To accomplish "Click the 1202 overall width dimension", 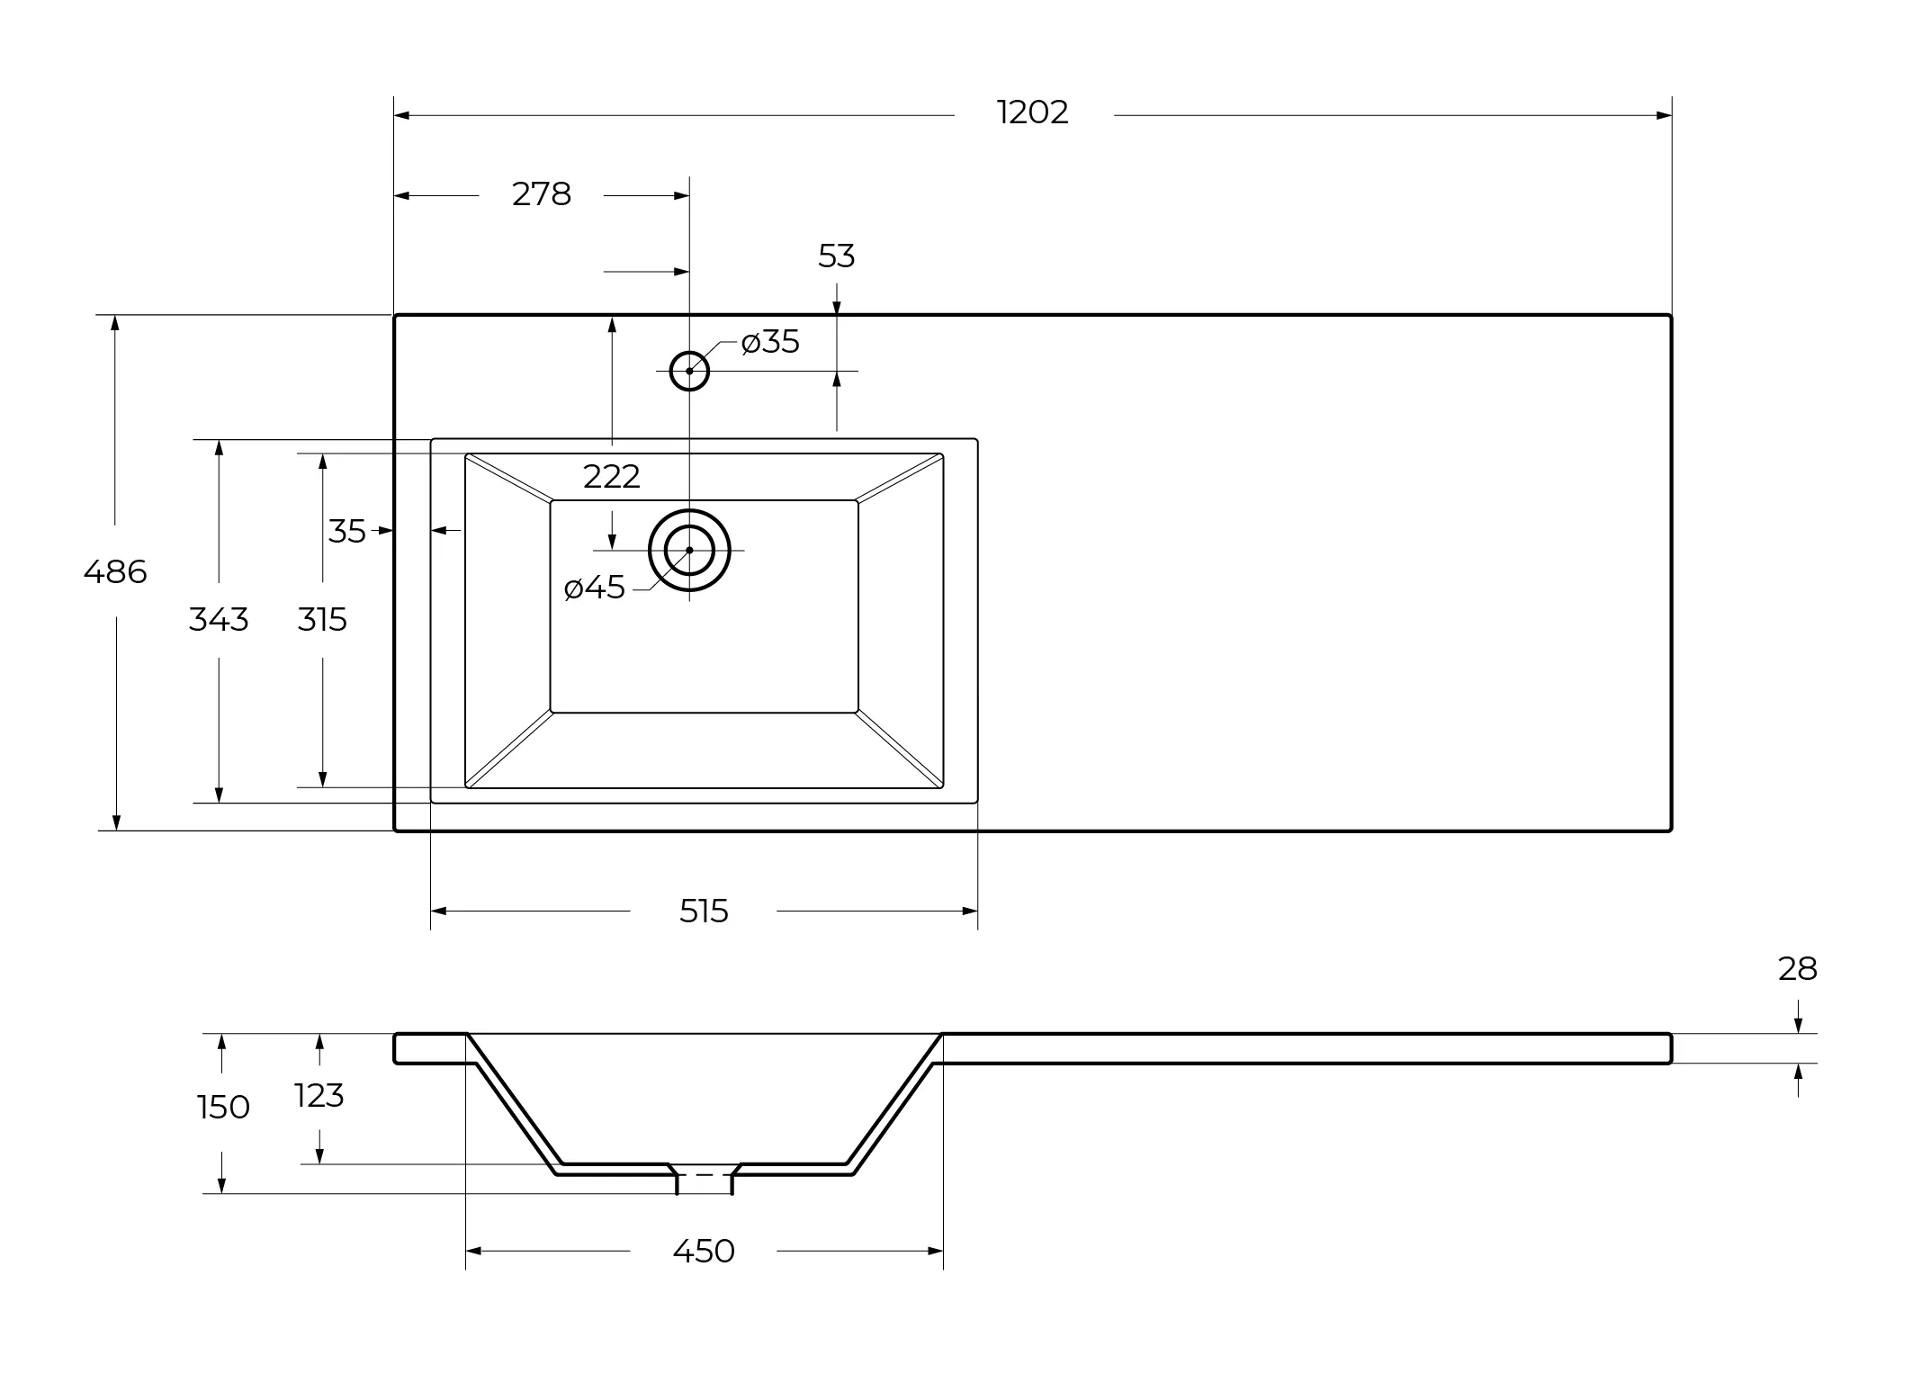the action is [1033, 112].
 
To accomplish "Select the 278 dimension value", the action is [542, 194].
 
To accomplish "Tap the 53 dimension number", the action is [836, 256].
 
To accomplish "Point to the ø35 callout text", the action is [770, 342].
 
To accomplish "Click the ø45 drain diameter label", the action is [594, 588].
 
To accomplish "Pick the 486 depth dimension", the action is [115, 571].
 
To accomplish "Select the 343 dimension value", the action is [219, 620].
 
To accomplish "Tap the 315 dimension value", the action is [322, 620].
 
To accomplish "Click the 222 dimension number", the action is [612, 477].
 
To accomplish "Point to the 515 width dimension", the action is [704, 912].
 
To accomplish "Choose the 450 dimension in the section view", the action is [704, 1251].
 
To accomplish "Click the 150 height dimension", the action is [223, 1108].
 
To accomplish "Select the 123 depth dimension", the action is [319, 1096].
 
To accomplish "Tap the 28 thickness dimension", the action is [1798, 969].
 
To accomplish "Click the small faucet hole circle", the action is [689, 352].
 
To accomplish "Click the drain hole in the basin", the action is [689, 510].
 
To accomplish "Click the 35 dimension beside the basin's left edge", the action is [346, 532].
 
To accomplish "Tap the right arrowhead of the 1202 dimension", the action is [1664, 115].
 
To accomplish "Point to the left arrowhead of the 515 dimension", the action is [438, 912].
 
